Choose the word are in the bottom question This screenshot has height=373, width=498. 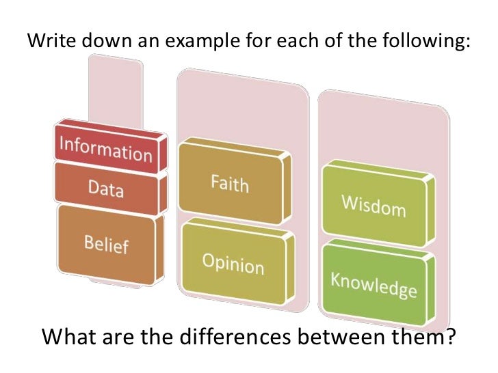point(114,337)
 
